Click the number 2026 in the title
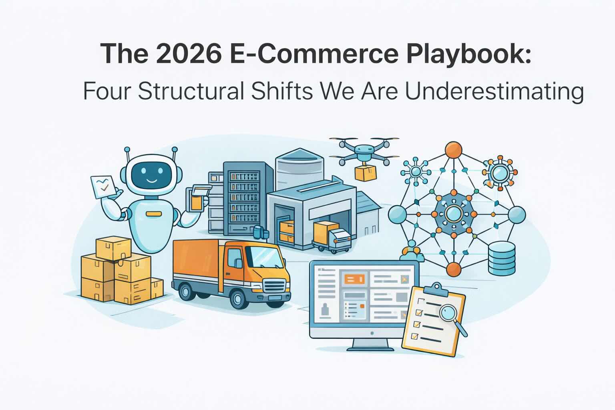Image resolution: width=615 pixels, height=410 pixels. click(189, 53)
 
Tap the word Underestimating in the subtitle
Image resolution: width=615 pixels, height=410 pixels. click(494, 92)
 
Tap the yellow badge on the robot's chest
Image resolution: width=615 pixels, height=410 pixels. click(153, 214)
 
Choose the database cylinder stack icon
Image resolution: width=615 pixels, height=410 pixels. click(502, 258)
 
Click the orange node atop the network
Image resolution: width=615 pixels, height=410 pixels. click(454, 150)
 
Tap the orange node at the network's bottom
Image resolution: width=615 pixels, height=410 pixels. click(454, 269)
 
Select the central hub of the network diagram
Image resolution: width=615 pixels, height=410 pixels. click(454, 214)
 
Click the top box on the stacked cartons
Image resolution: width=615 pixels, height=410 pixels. click(113, 248)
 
